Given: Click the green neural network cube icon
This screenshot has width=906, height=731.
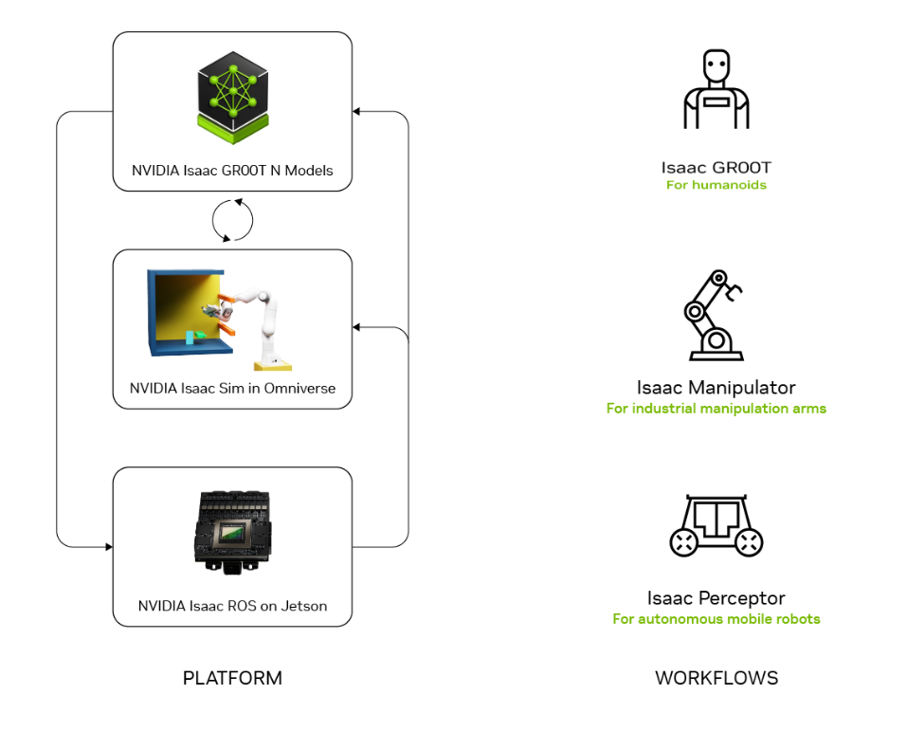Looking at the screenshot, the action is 233,98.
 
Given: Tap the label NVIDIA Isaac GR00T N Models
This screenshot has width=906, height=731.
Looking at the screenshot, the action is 232,171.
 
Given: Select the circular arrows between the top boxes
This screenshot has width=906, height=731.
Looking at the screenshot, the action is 232,220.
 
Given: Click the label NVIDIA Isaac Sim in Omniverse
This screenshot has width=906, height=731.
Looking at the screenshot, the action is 232,389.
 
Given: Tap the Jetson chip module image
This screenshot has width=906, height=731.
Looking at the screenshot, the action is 232,533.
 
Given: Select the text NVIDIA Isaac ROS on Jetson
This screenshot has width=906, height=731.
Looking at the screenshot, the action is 232,606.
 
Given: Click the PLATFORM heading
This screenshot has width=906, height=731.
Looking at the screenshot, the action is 232,678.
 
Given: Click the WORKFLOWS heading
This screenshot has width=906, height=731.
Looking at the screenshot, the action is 716,678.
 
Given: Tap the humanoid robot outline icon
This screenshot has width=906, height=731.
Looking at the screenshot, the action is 716,89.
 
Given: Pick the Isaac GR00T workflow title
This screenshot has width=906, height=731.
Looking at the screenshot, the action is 716,168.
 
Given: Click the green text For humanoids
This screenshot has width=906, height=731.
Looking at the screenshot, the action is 716,185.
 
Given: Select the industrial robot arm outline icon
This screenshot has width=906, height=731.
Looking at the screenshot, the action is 715,316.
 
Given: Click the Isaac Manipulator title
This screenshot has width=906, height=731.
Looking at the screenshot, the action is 716,387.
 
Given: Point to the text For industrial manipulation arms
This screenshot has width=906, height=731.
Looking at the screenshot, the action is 716,409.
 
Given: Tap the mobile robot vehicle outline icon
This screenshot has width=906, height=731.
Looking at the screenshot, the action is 716,525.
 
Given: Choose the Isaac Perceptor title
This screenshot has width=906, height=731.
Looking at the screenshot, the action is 716,598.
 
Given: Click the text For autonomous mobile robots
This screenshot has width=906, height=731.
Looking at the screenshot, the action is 716,619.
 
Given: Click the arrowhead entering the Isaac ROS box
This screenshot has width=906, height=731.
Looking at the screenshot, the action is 109,547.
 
